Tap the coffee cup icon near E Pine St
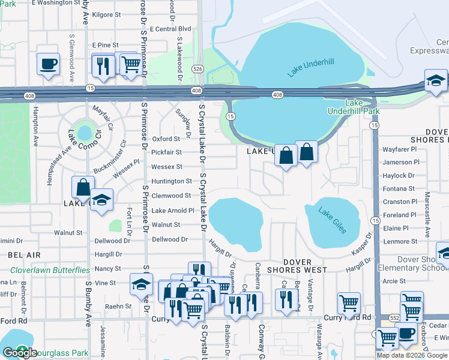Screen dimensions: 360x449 [x=48, y=63]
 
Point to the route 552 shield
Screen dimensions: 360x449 [x=394, y=316]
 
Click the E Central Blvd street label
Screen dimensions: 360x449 [x=170, y=28]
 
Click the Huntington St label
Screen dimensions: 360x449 [x=171, y=181]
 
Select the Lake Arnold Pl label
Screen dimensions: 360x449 [x=172, y=211]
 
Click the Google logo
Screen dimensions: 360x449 [x=20, y=353]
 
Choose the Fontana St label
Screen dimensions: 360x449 [x=400, y=188]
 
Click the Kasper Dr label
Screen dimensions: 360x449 [x=362, y=244]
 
